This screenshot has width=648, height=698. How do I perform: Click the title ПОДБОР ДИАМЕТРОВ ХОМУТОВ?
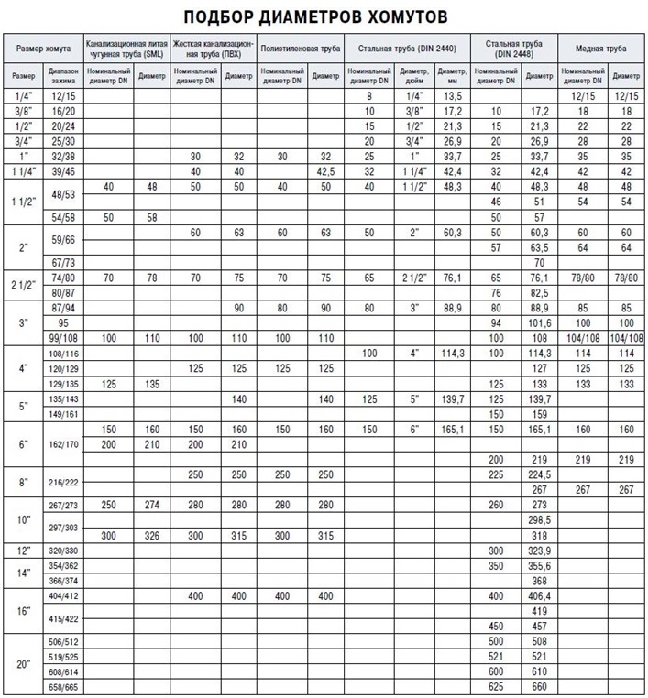point(323,16)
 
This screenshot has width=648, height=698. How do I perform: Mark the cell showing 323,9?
point(541,551)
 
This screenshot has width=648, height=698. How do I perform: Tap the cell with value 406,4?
point(541,595)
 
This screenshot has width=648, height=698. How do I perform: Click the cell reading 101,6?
point(541,323)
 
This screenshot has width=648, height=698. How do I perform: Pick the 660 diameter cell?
point(541,685)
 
